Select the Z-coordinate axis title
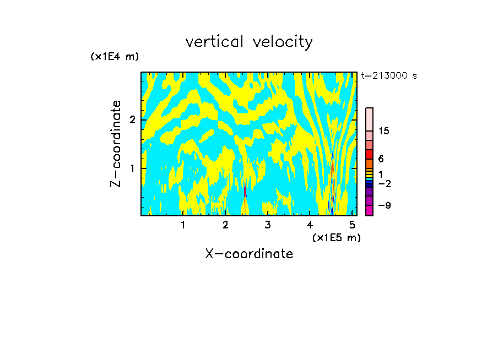[x=116, y=144]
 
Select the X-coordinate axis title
[x=249, y=254]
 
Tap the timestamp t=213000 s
[x=389, y=76]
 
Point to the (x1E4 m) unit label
[x=115, y=57]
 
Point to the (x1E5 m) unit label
[x=336, y=237]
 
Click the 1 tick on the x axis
[x=183, y=225]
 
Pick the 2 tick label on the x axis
[x=225, y=225]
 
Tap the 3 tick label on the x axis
[x=268, y=225]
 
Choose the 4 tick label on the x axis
[x=310, y=225]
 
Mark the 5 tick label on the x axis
[x=352, y=225]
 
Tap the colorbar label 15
[x=384, y=131]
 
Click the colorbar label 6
[x=381, y=159]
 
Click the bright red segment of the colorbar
[x=369, y=154]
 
